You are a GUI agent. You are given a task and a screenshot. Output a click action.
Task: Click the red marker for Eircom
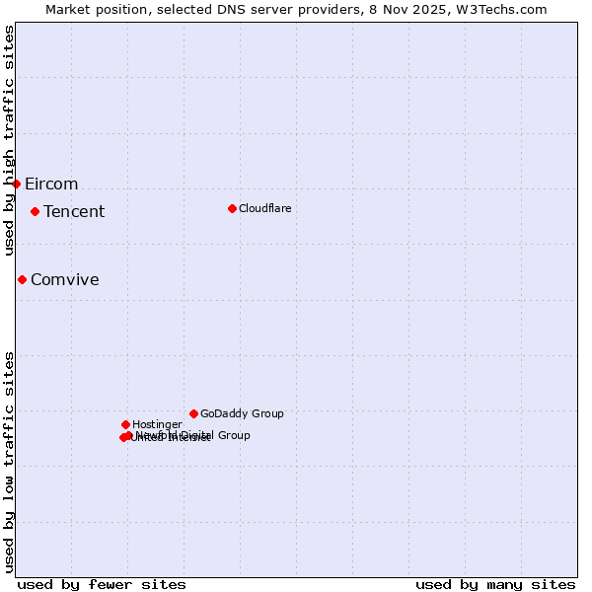(16, 184)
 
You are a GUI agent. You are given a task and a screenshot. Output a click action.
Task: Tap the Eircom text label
(51, 185)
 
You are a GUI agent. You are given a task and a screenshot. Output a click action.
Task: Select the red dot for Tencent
(35, 211)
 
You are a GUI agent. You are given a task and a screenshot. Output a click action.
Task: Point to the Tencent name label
(74, 212)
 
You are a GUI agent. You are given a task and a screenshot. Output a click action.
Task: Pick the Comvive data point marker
(22, 279)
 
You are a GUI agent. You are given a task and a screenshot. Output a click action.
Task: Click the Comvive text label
(65, 280)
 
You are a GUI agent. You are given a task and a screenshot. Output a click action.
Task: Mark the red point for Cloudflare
(232, 208)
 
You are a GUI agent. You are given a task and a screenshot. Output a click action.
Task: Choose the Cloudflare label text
(265, 209)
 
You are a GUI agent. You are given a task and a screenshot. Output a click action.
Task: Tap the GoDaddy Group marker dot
(193, 413)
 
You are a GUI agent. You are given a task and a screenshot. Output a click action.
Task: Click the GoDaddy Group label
(242, 414)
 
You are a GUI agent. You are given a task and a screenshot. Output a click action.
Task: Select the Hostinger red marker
(125, 424)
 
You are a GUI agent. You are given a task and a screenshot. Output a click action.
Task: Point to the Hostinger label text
(157, 425)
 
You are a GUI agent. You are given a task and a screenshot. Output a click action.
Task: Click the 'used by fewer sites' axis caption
(102, 585)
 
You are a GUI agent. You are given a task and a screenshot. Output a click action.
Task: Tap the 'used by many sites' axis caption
(495, 585)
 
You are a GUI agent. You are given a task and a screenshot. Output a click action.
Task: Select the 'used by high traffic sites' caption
(10, 141)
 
